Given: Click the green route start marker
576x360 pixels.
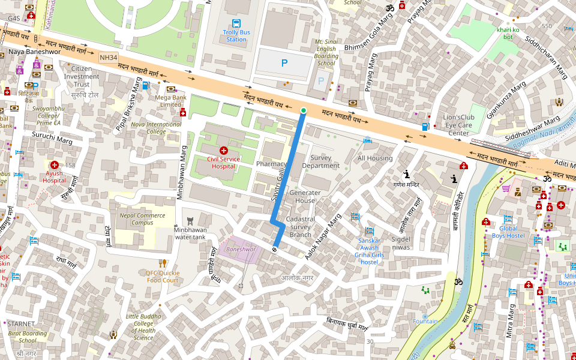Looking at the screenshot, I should [x=304, y=110].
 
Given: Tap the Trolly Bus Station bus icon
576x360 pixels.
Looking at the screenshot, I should [x=236, y=24].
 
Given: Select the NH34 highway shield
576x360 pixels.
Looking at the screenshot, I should [x=109, y=58].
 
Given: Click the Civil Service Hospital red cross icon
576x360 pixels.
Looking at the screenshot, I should [x=223, y=151].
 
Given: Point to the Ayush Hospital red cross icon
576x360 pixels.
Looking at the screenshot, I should [x=55, y=164].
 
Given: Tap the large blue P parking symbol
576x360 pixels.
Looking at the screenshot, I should [x=284, y=62].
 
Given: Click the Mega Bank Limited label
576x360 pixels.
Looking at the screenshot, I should [x=170, y=101].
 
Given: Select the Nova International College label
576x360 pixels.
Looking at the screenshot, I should [x=155, y=128].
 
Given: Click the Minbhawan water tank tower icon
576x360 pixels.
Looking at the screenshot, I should [x=191, y=220].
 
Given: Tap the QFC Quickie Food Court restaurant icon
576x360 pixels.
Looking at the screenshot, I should [x=162, y=263].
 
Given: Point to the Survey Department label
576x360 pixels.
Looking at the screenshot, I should [x=321, y=162].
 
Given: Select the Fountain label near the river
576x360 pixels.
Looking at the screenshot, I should [x=425, y=322].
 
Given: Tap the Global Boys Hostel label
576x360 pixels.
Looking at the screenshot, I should [x=508, y=232].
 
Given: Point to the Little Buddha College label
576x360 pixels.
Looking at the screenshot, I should [x=143, y=327].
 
